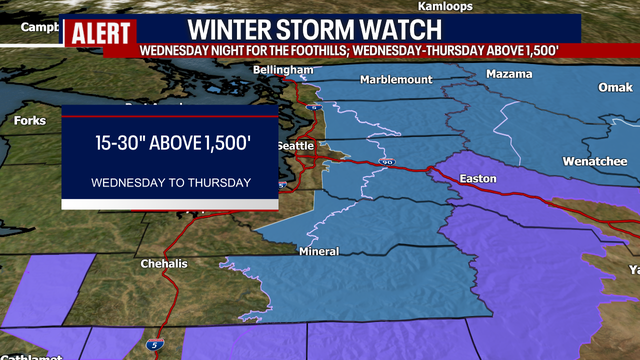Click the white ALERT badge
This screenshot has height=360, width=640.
(100, 30)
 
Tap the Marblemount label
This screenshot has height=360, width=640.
(397, 79)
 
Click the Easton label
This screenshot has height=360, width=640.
(477, 179)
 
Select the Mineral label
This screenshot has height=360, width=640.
(318, 251)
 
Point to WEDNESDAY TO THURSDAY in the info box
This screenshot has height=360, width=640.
(170, 183)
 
